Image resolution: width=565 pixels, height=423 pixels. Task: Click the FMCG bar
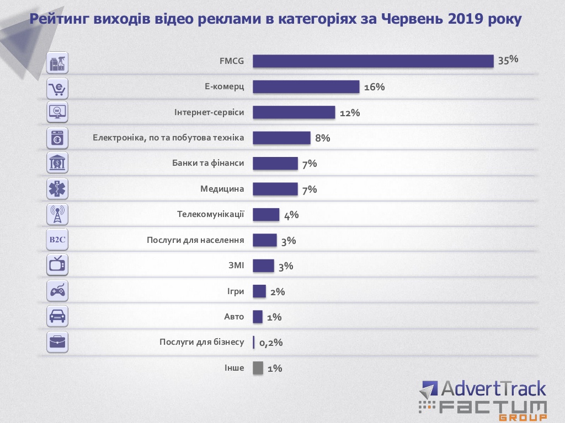coord(373,61)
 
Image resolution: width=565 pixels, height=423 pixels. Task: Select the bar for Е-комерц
coord(306,87)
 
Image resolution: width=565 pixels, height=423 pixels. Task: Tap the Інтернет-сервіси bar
coord(294,112)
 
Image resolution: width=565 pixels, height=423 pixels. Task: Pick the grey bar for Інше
coord(258,368)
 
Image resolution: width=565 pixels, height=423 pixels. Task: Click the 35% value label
coord(508,60)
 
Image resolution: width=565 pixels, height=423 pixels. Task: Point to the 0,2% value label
coord(271,343)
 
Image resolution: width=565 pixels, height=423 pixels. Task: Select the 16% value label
coord(374,87)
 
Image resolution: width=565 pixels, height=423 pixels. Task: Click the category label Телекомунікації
coord(210,214)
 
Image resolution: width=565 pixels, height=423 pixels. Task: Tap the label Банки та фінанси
coord(209,163)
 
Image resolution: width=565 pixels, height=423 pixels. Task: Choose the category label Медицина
coord(222,189)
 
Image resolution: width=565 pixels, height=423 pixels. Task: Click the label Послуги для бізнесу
coord(201,342)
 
